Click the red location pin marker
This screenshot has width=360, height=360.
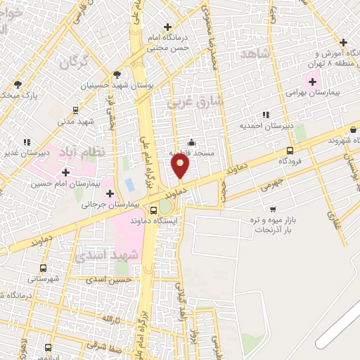(181, 166)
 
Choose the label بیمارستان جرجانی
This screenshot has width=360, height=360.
(111, 205)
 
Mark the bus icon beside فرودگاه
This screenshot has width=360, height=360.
(290, 150)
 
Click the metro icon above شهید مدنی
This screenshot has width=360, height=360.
(75, 110)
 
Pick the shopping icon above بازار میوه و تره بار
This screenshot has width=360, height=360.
(273, 209)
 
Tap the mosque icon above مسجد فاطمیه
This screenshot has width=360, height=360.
(191, 143)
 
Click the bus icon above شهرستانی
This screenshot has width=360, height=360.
(43, 268)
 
